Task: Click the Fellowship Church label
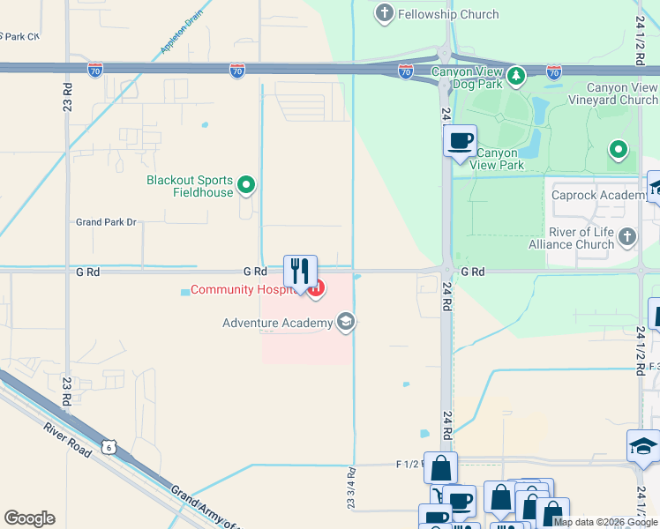click(x=448, y=14)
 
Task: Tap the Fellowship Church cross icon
click(x=383, y=13)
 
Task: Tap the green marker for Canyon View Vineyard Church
click(x=620, y=151)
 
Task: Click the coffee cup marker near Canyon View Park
click(x=460, y=141)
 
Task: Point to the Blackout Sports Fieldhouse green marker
click(x=247, y=185)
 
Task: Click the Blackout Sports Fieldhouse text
click(x=191, y=186)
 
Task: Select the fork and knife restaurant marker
click(x=300, y=272)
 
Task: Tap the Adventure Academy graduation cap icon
click(x=346, y=323)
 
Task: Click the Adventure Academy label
click(x=277, y=323)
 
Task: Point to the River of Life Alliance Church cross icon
click(x=626, y=236)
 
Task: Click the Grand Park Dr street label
click(x=106, y=222)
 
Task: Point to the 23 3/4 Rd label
click(x=351, y=487)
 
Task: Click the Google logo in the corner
click(x=30, y=518)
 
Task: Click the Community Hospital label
click(x=244, y=289)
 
